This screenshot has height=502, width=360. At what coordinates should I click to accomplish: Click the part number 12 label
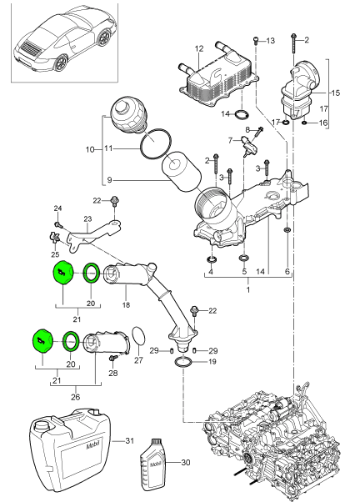click(198, 48)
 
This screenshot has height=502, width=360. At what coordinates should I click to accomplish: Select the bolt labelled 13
click(256, 42)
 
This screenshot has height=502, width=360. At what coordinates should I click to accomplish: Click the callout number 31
click(129, 441)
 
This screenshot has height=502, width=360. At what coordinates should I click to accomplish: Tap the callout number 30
click(186, 463)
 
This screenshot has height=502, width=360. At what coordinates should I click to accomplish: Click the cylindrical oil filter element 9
click(182, 172)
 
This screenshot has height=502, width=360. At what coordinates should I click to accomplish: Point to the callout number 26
click(75, 397)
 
